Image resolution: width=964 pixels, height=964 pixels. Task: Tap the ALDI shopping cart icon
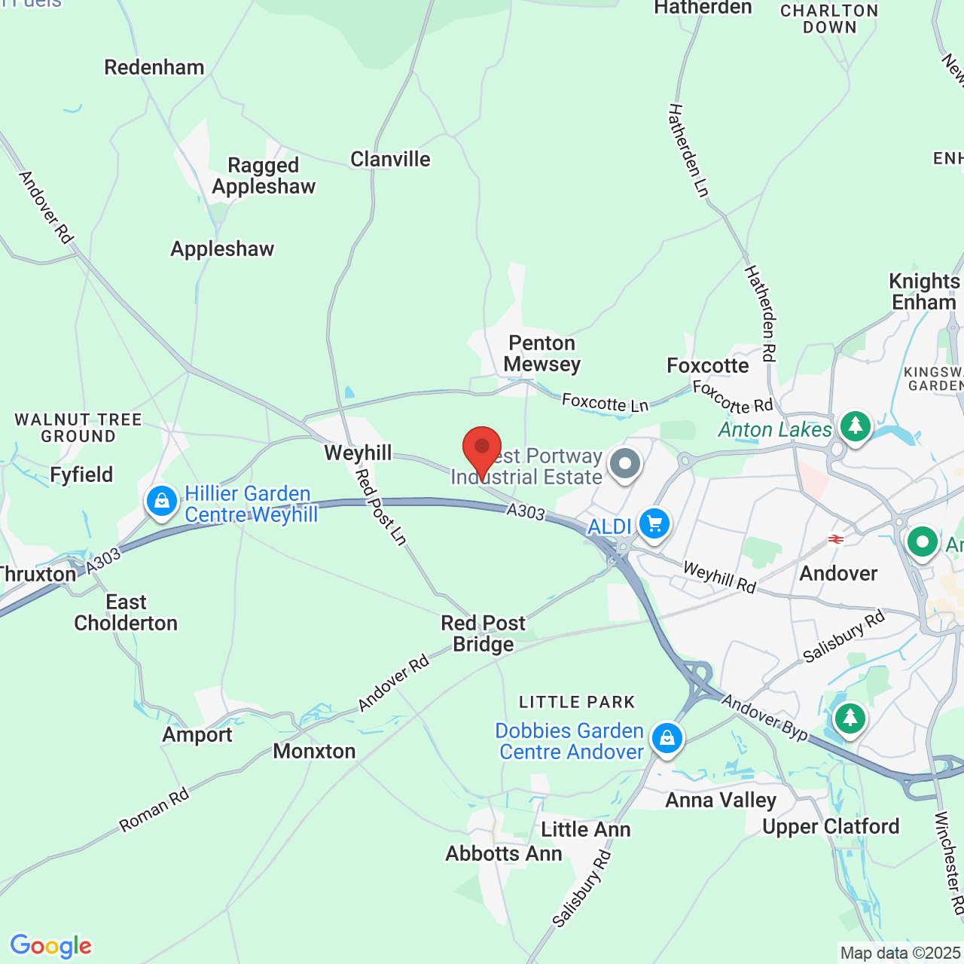pos(654,523)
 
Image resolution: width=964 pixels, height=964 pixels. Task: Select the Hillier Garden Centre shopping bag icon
pos(161,501)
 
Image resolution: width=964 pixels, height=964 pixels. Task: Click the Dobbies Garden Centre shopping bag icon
pos(667,738)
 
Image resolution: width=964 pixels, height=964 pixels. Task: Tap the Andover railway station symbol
pos(834,539)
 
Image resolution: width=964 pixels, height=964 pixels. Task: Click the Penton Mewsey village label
pos(542,354)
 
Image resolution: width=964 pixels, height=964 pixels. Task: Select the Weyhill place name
pos(358,453)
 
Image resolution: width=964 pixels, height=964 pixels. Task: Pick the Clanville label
pos(390,159)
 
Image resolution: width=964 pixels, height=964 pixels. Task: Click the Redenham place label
pos(154,67)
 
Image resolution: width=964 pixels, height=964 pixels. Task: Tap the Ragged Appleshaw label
pos(264,175)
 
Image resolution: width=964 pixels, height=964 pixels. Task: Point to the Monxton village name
pos(314,751)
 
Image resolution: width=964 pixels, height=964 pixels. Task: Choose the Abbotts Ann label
pos(504,853)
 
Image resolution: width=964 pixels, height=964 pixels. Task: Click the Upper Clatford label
pos(831,826)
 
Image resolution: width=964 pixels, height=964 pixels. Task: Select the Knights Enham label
pos(924,291)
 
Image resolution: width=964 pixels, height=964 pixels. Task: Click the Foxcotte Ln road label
pos(605,403)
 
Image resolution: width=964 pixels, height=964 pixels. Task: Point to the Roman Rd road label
pos(154,810)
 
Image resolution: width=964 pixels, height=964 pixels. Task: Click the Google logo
pos(50,946)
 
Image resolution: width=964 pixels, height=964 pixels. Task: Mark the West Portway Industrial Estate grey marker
pos(624,464)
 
